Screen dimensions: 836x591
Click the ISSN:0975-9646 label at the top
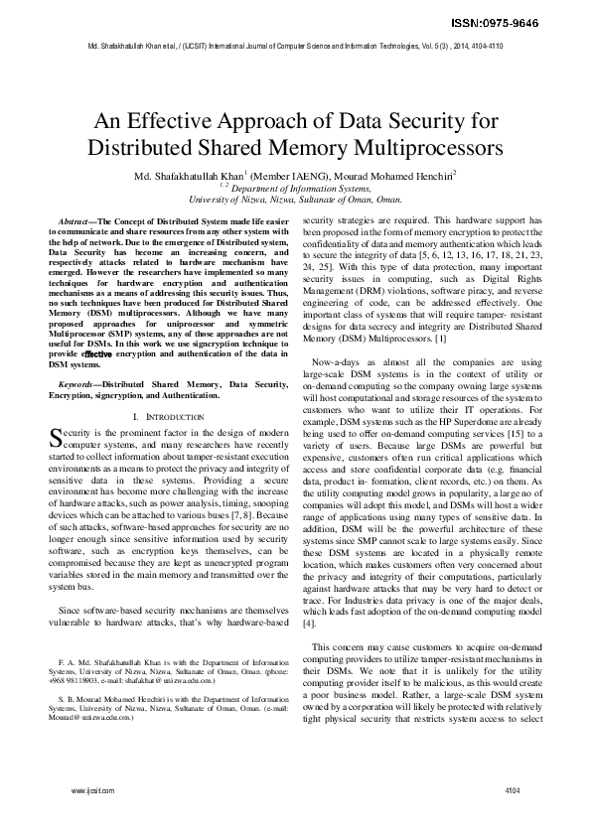(537, 22)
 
